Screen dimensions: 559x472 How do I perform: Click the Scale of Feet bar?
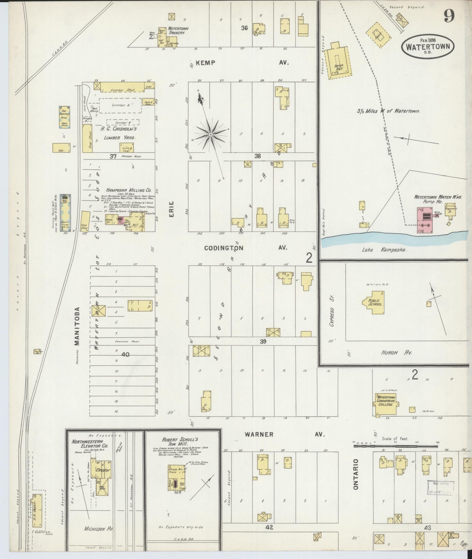(395, 445)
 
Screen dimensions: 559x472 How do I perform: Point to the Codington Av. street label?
(245, 248)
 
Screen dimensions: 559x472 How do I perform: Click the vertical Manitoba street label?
(77, 326)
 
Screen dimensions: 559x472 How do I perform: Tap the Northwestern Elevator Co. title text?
(90, 444)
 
